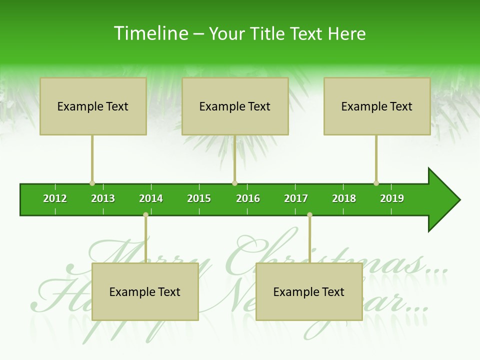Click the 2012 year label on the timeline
click(55, 198)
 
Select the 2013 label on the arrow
click(103, 198)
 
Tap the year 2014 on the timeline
click(151, 198)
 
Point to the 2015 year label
click(199, 198)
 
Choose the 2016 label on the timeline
click(248, 198)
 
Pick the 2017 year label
click(296, 198)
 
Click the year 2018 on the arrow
click(344, 198)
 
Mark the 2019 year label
click(392, 198)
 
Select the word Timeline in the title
click(150, 33)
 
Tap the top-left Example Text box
click(93, 106)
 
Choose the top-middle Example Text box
click(235, 106)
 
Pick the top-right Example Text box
click(377, 106)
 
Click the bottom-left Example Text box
click(145, 291)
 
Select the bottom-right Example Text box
click(309, 291)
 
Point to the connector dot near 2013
click(92, 183)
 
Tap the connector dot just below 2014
click(145, 215)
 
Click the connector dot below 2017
click(309, 215)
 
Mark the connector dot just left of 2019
click(376, 183)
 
